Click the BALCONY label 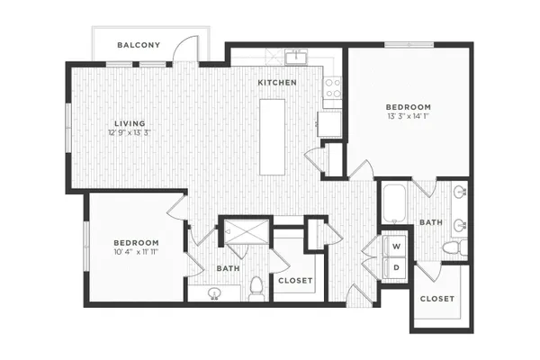[x=139, y=45]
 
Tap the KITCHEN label [x=277, y=83]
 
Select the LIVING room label [x=130, y=123]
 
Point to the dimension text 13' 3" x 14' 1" [x=408, y=116]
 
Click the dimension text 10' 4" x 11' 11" [x=136, y=252]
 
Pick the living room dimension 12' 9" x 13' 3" [x=130, y=132]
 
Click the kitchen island [x=272, y=137]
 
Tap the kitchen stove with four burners [x=333, y=88]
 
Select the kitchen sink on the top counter [x=296, y=57]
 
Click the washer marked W [x=395, y=246]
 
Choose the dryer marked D [x=395, y=267]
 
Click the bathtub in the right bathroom [x=395, y=204]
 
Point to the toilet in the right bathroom [x=454, y=247]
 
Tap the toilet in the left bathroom [x=256, y=289]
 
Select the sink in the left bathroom [x=214, y=293]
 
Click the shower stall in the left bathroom [x=247, y=231]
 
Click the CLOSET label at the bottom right [x=437, y=299]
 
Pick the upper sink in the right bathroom [x=461, y=193]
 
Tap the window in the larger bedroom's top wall [x=409, y=45]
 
